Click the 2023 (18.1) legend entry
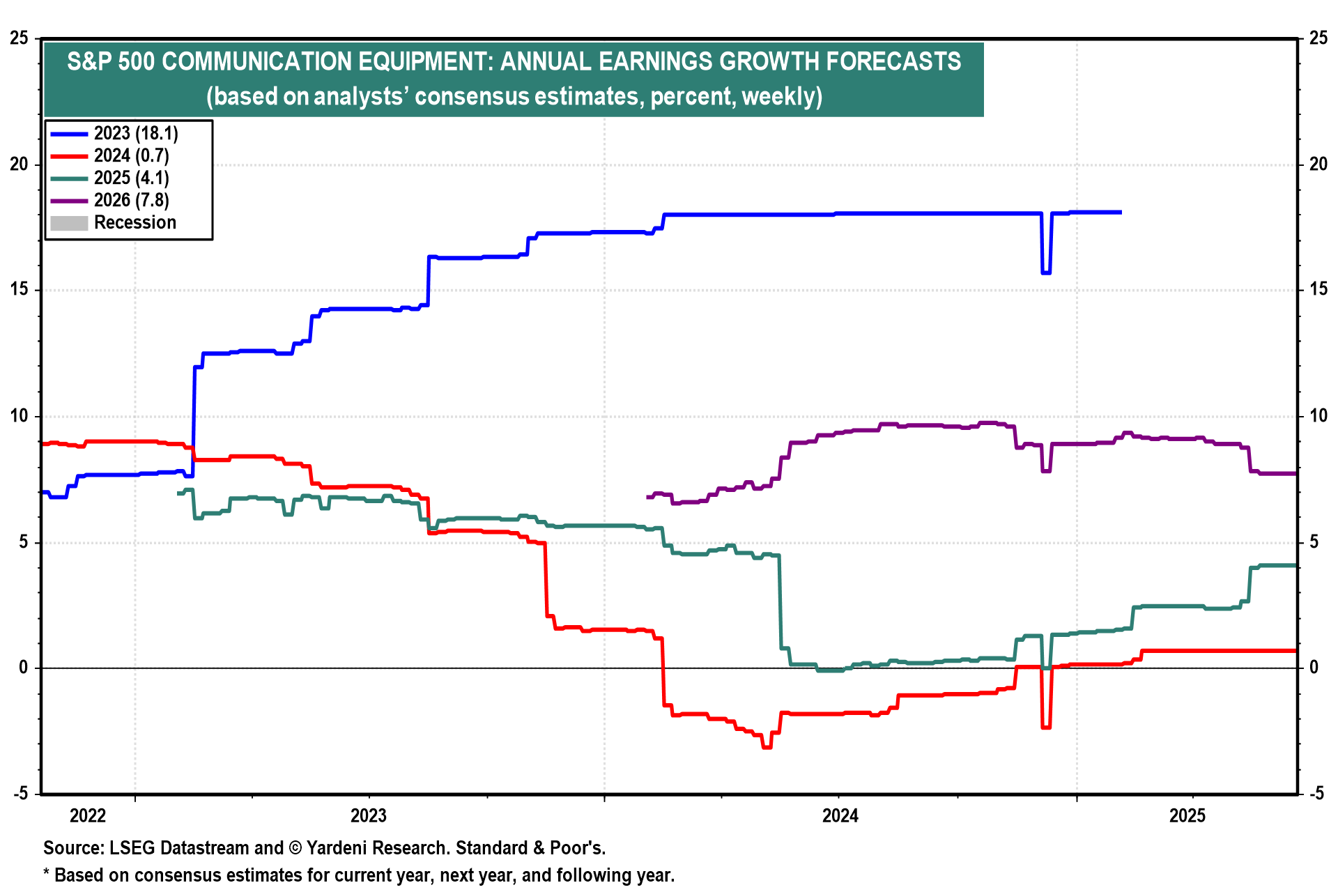coord(135,133)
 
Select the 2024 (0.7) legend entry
coord(131,155)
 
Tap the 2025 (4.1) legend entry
coord(131,178)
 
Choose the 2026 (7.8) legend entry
coord(131,200)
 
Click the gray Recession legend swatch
coord(69,223)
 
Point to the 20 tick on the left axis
coord(20,164)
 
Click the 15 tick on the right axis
coord(1318,290)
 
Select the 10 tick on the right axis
coord(1318,416)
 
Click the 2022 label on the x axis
coord(88,815)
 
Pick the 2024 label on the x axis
coord(840,815)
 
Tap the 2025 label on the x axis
coord(1187,815)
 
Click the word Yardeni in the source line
coord(337,848)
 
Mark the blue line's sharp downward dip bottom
coord(1046,272)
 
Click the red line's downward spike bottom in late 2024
coord(1046,728)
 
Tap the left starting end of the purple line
coord(648,497)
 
